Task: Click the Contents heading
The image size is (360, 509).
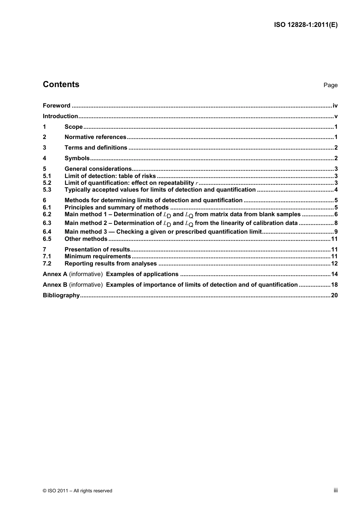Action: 61,84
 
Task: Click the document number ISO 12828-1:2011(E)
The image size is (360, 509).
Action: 305,25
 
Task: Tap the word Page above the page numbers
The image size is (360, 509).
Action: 330,85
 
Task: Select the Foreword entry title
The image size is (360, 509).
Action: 56,106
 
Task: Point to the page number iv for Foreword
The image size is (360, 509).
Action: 335,106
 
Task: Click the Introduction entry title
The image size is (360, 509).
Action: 60,116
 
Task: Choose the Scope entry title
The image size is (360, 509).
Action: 74,127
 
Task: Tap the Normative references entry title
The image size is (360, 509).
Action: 95,137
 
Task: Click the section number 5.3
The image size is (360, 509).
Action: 47,190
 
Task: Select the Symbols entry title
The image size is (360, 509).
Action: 77,158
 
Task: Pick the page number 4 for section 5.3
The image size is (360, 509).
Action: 336,190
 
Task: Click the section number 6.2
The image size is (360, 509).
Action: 47,214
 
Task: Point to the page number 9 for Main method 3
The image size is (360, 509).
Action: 336,232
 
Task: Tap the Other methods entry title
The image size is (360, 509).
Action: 86,239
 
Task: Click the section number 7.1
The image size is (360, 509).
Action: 47,256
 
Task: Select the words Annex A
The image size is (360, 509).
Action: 55,274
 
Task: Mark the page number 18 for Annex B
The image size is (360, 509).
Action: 334,285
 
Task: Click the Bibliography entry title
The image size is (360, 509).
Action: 61,295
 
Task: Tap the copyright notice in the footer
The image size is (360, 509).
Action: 77,491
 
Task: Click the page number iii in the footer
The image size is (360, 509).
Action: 335,490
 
